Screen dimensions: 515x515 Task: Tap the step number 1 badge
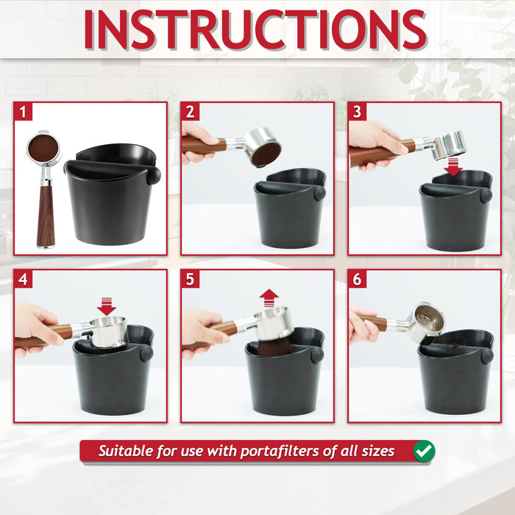[x=24, y=112]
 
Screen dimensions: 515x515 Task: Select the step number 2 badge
[x=191, y=112]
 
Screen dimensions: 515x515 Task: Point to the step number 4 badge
[x=24, y=280]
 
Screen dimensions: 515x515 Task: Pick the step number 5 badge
[x=191, y=280]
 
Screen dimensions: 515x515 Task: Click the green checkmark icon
[x=423, y=451]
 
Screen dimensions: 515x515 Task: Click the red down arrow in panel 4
[x=107, y=305]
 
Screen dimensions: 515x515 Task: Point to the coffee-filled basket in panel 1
[x=43, y=149]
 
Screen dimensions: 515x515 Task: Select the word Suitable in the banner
[x=127, y=451]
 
